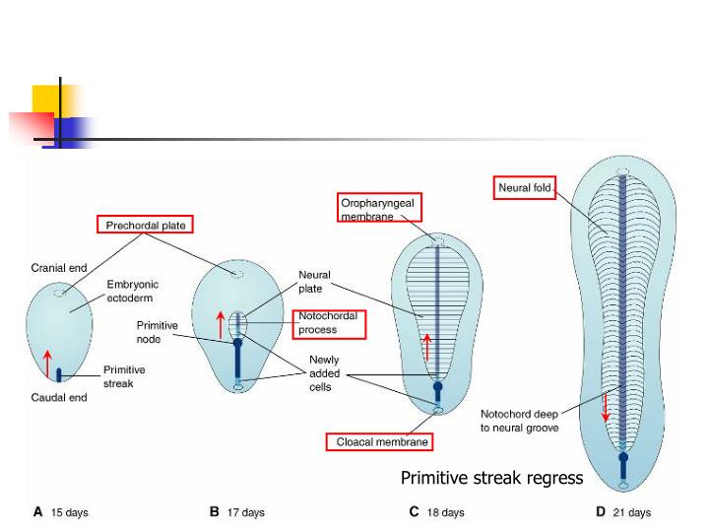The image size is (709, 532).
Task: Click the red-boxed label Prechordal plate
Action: tap(146, 226)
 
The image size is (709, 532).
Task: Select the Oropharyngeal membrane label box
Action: tap(379, 208)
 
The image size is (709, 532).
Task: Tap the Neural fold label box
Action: tap(525, 187)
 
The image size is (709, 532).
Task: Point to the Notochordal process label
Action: tap(329, 323)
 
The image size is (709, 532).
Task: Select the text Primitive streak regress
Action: tap(491, 478)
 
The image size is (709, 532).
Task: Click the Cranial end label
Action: tap(59, 268)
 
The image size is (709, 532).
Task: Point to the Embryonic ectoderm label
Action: tap(133, 291)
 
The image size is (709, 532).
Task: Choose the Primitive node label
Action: tap(157, 332)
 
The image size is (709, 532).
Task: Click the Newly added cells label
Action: tap(324, 373)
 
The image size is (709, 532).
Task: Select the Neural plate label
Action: tap(315, 283)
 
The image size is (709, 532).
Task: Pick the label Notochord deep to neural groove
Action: tap(519, 421)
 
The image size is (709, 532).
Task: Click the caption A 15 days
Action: tap(61, 512)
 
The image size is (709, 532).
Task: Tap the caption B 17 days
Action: tap(236, 512)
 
